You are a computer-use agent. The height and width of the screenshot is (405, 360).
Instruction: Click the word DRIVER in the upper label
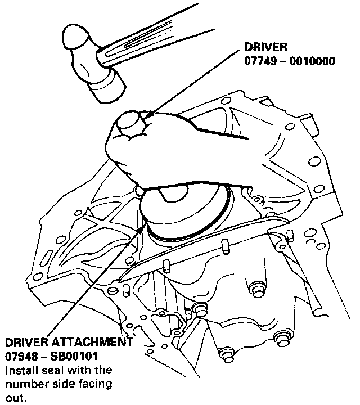(264, 47)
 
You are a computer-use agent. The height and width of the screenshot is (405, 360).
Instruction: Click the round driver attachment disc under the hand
(186, 217)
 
